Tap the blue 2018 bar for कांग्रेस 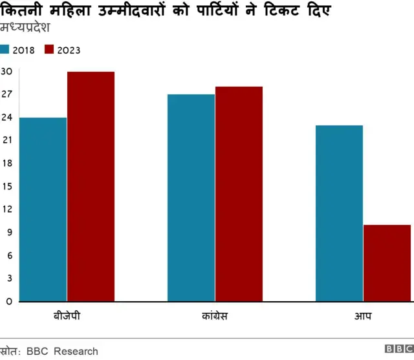191,198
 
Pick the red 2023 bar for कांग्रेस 239,194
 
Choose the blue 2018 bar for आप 339,213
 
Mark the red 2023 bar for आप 387,262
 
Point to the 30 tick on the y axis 6,71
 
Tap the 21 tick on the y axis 6,140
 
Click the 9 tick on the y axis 8,232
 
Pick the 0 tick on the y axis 8,301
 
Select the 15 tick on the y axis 6,186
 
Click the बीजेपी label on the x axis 67,317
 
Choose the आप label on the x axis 363,317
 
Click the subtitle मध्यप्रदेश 26,28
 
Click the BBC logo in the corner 398,350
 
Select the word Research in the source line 76,352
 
